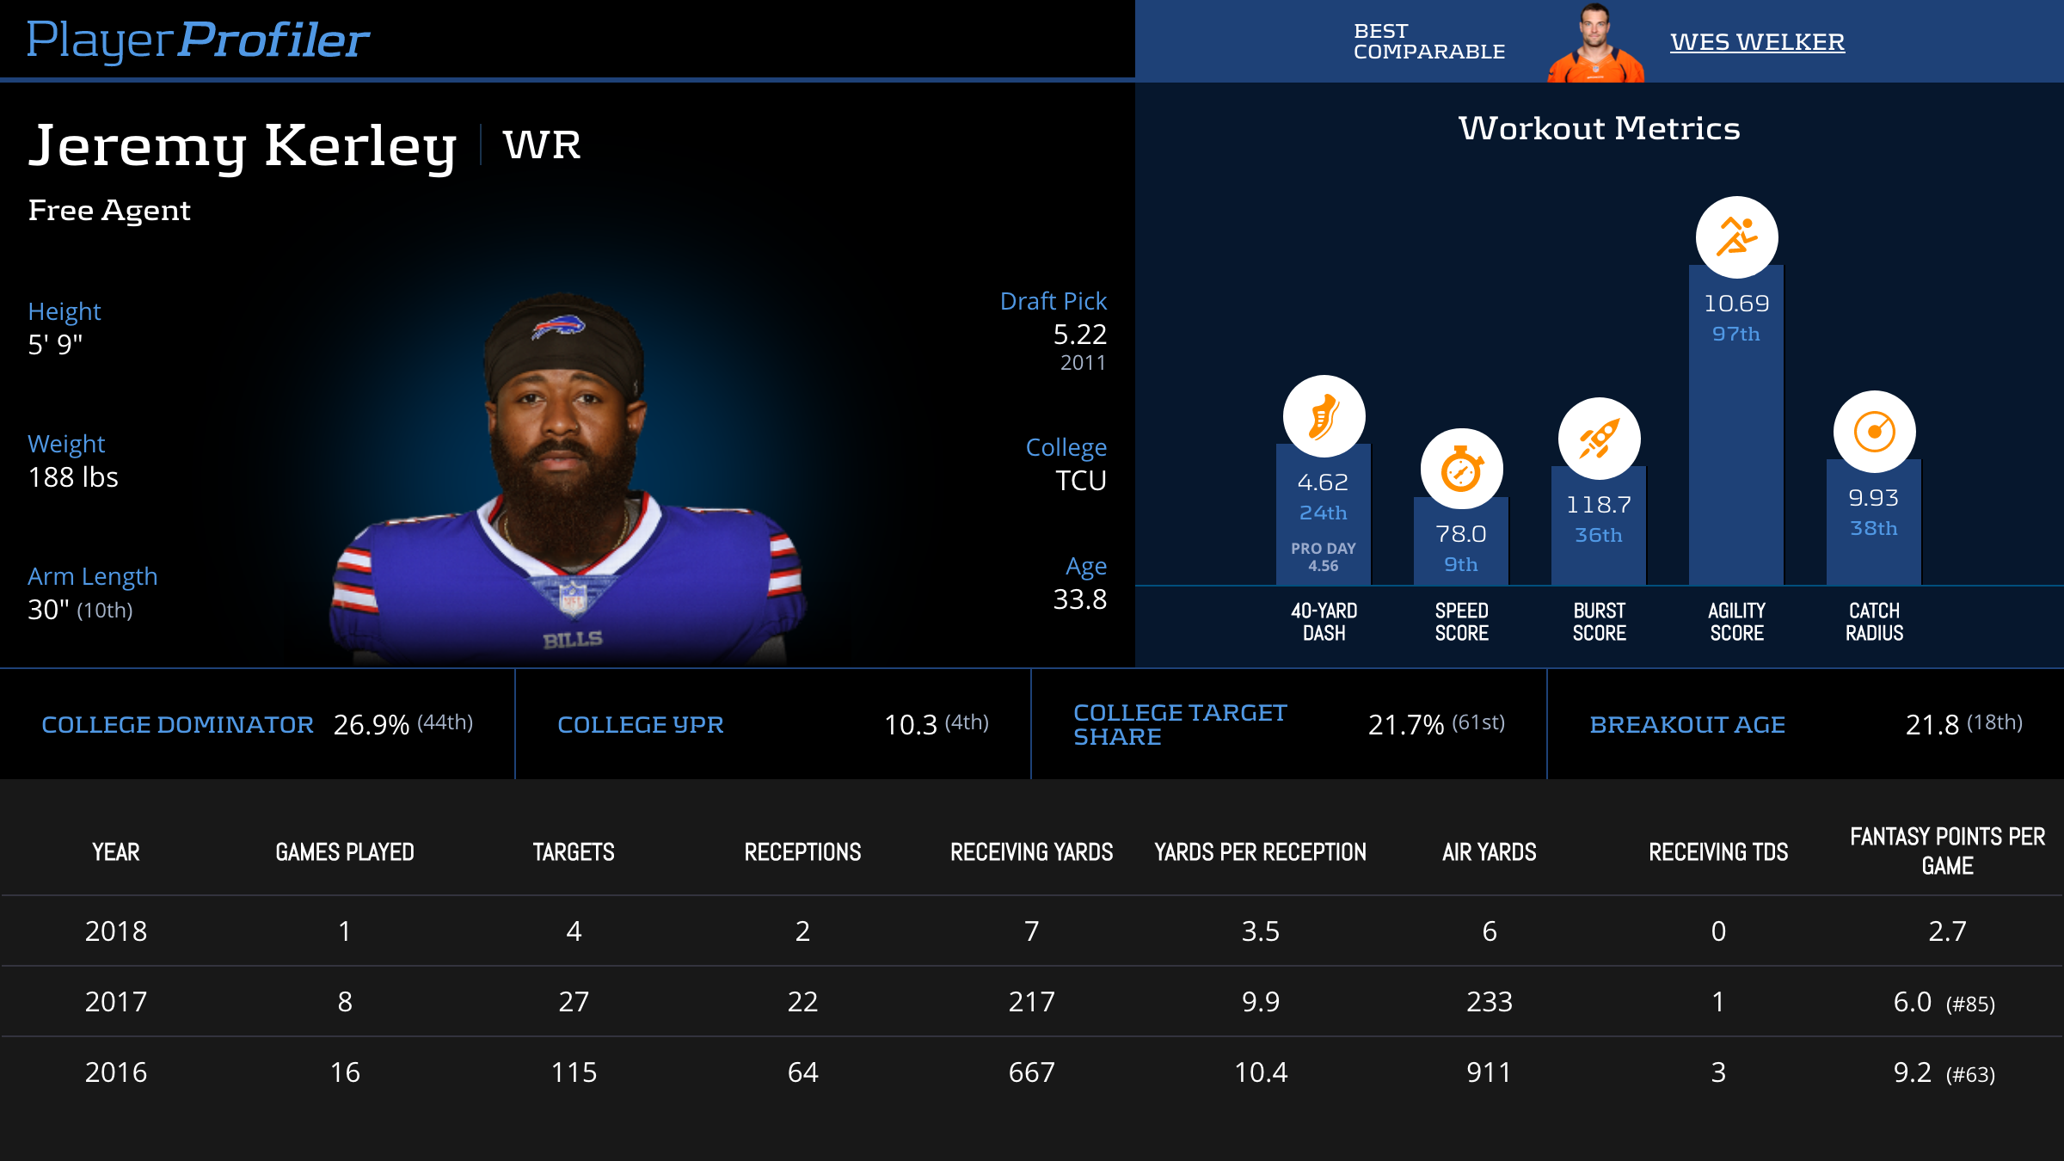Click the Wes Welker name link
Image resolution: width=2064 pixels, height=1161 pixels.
click(x=1757, y=42)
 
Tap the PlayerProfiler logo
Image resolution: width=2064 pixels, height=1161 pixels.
click(x=198, y=40)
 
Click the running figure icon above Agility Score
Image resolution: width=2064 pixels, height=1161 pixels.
click(x=1736, y=237)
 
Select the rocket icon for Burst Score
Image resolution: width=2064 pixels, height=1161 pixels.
click(x=1599, y=439)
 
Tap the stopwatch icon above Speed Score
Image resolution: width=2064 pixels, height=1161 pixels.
click(x=1461, y=470)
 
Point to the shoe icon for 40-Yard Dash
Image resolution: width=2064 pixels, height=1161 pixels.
click(x=1324, y=416)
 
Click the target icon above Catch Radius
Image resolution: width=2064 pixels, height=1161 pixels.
click(x=1874, y=432)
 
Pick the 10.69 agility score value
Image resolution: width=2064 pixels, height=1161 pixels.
click(x=1736, y=304)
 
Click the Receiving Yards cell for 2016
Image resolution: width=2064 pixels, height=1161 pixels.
click(x=1031, y=1072)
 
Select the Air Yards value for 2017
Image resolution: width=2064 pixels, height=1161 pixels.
click(x=1489, y=1002)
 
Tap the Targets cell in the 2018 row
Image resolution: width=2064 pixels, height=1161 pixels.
click(x=574, y=931)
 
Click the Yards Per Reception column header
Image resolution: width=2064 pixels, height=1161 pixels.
click(x=1260, y=852)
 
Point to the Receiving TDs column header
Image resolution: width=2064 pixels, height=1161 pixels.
click(x=1717, y=852)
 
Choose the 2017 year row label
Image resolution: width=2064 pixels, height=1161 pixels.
click(x=116, y=1002)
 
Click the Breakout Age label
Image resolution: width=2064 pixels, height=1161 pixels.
click(x=1687, y=725)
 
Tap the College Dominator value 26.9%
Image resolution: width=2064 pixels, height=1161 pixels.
click(x=372, y=725)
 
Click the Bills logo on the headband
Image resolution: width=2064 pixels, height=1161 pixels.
click(x=558, y=327)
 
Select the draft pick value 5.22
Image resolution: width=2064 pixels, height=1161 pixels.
click(x=1079, y=335)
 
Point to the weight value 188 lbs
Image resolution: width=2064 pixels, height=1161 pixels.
click(x=73, y=477)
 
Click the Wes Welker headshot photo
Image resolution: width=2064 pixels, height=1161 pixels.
click(x=1595, y=43)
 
